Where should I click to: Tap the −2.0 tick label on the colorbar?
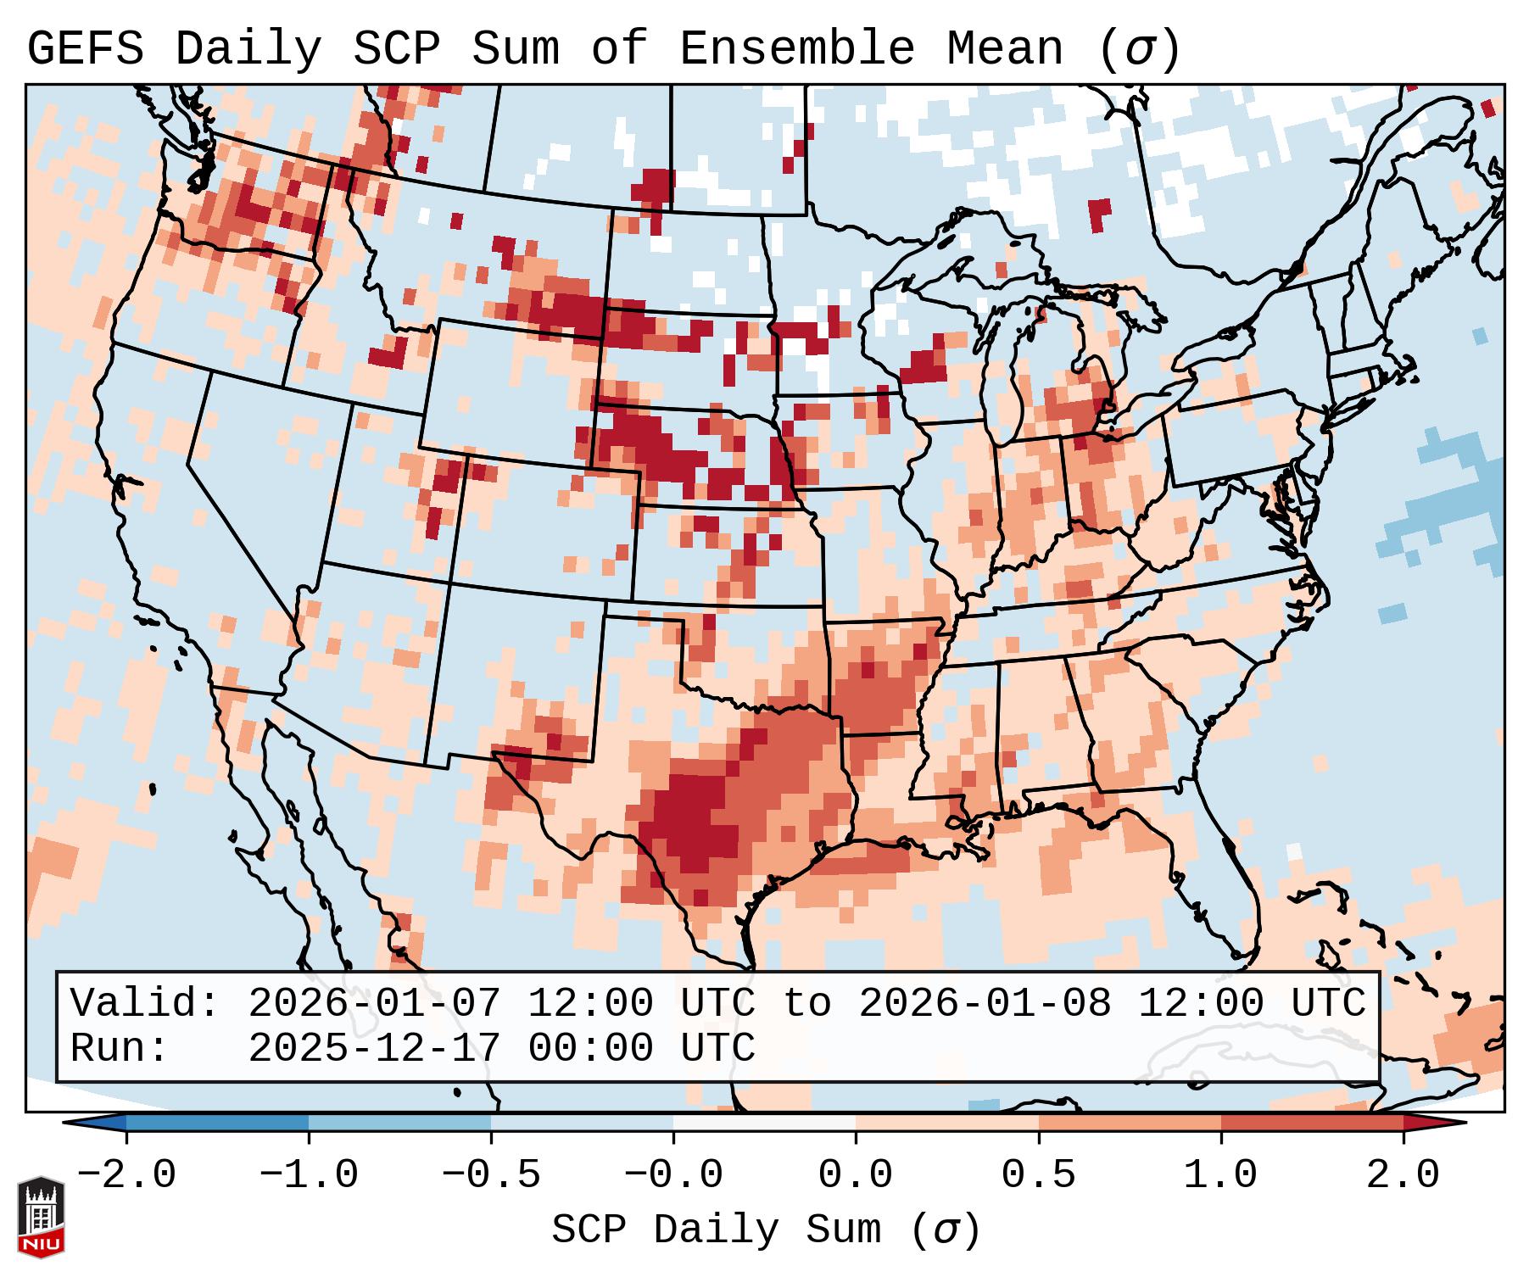point(126,1175)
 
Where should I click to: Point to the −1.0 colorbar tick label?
point(309,1175)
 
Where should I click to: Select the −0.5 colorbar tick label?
point(491,1175)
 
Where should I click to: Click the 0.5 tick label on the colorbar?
point(1038,1175)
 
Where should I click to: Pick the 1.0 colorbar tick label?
point(1220,1175)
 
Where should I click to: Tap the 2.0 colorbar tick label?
point(1403,1175)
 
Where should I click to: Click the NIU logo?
point(41,1216)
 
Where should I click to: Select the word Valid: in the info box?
point(145,1003)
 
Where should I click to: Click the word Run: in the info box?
point(120,1048)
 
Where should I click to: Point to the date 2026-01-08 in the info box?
point(985,1003)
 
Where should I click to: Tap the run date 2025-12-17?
point(374,1048)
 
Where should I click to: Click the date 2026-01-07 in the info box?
point(374,1003)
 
